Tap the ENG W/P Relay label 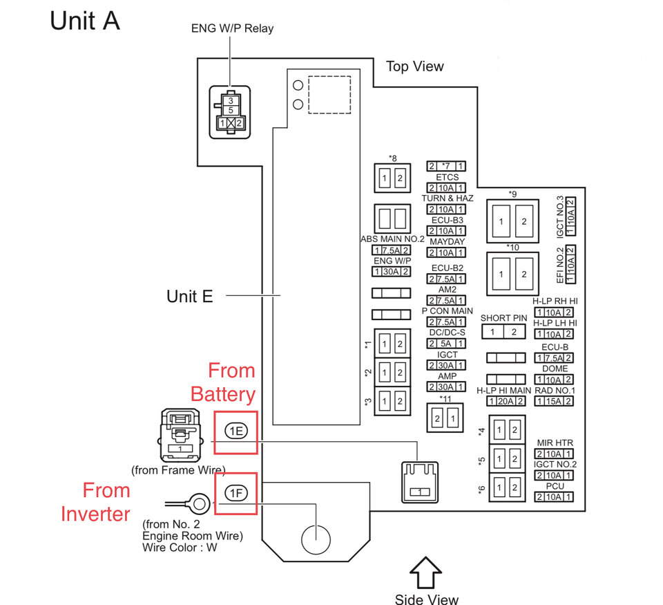pos(232,28)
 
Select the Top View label pos(414,66)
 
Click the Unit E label pos(190,297)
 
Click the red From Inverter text pos(95,502)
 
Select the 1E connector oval pos(236,432)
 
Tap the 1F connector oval pos(236,493)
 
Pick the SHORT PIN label pos(503,318)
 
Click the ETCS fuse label pos(447,177)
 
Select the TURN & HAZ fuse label pos(447,198)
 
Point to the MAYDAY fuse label pos(447,242)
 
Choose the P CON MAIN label pos(447,311)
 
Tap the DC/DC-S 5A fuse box pos(447,343)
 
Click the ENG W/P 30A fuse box pos(392,271)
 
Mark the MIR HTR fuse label pos(555,443)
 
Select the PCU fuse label pos(555,486)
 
